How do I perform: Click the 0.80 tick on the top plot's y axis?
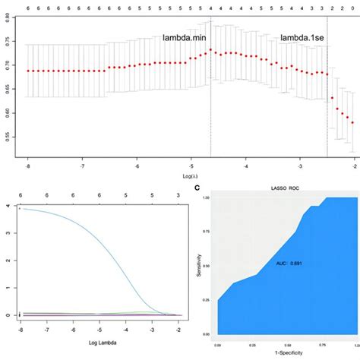coord(8,21)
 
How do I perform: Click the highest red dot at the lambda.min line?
coord(210,50)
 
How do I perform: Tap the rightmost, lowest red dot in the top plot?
coord(352,122)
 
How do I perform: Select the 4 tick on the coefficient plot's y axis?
coord(7,206)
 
